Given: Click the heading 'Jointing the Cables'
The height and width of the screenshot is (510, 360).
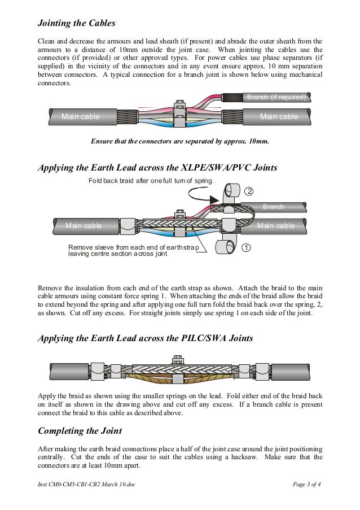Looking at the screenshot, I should click(76, 24).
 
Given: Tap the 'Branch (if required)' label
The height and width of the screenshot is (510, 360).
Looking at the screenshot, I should click(276, 98).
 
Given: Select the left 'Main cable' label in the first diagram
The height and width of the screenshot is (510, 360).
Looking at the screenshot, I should click(80, 117).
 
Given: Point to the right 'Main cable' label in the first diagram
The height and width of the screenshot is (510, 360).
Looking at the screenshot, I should click(279, 117).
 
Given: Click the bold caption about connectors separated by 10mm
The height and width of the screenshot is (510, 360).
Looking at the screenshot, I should click(179, 141).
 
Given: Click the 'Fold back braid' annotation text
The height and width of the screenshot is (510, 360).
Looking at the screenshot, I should click(151, 181).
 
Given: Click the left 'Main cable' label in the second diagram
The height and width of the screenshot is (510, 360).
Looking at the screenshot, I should click(84, 226).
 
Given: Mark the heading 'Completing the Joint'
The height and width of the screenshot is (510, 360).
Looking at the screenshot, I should click(80, 431).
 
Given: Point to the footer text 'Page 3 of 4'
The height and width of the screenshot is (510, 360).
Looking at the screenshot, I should click(310, 485).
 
